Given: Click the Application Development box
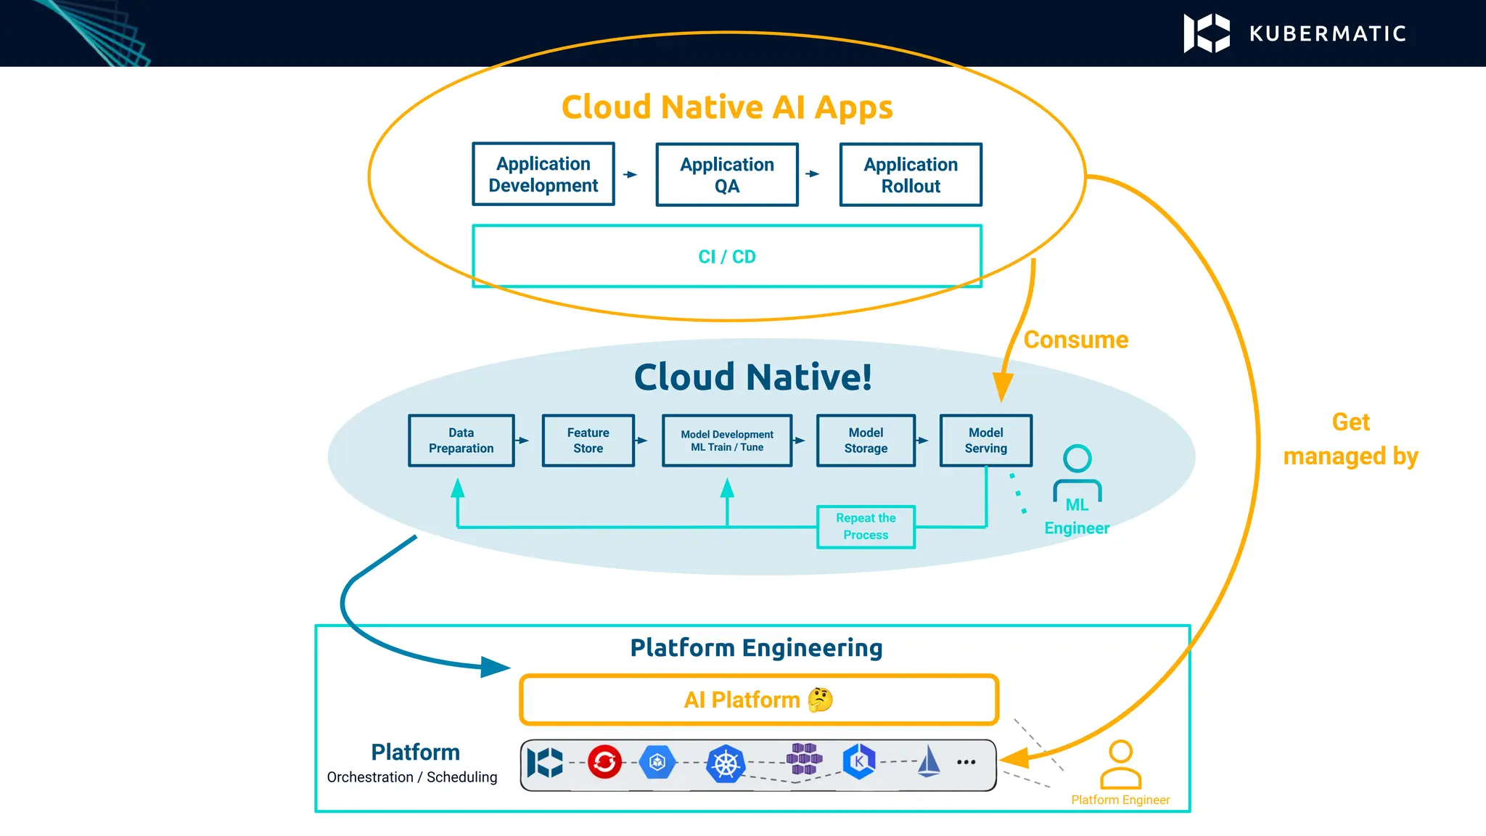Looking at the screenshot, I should coord(543,174).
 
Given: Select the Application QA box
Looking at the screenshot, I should coord(726,175).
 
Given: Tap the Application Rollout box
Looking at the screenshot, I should coord(910,175).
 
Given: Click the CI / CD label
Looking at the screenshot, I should coord(726,257).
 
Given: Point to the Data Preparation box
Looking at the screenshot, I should coord(461,440).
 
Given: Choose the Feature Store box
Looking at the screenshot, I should coord(588,440).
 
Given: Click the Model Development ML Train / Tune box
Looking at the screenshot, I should coord(726,440).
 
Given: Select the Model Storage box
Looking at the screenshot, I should coord(866,440).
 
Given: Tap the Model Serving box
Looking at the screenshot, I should coord(985,440).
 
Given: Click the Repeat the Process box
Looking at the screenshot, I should coord(866,527).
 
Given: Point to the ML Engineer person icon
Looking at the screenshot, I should coord(1077,472).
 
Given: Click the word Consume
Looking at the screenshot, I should coord(1075,340).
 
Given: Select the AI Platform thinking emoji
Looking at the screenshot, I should coord(820,700).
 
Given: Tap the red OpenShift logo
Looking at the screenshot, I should coord(604,762).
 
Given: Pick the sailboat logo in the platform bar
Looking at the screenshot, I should coord(929,762).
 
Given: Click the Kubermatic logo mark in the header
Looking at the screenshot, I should coord(1206,33).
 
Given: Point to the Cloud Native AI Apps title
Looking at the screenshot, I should coord(726,107).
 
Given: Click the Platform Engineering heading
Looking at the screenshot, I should coord(756,647).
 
